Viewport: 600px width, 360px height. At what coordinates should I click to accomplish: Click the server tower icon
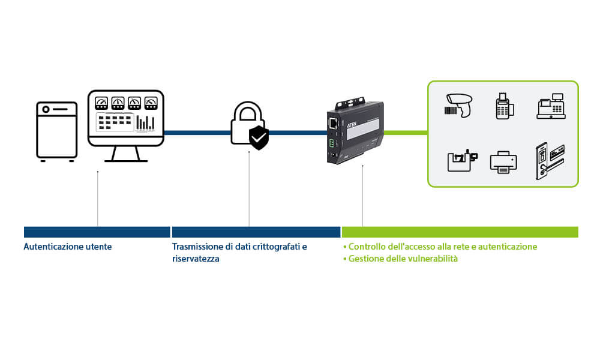pyautogui.click(x=56, y=131)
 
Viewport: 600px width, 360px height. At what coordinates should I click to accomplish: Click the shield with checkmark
pyautogui.click(x=259, y=139)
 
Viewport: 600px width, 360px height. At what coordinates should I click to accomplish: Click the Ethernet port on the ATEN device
pyautogui.click(x=332, y=124)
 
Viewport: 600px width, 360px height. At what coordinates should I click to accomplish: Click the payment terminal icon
pyautogui.click(x=503, y=106)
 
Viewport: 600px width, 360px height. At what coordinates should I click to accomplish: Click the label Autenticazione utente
pyautogui.click(x=68, y=247)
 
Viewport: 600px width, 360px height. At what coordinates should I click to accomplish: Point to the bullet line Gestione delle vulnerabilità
pyautogui.click(x=400, y=259)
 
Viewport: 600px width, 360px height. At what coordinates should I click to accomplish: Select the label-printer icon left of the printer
pyautogui.click(x=461, y=161)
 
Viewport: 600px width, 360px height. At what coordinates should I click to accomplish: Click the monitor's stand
pyautogui.click(x=126, y=155)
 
